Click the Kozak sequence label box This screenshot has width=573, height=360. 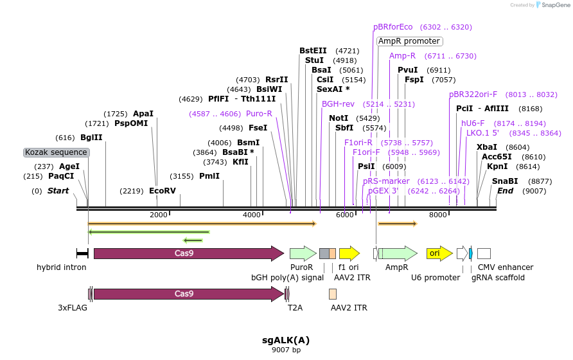pos(56,152)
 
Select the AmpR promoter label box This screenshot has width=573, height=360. pos(409,41)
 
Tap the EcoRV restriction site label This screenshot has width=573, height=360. pos(162,191)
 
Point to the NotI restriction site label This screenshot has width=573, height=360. pos(339,118)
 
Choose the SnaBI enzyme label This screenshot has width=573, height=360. pos(505,181)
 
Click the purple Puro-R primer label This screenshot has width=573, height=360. pos(259,114)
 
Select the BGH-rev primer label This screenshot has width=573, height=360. pos(338,104)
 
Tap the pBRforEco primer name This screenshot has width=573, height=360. pos(393,27)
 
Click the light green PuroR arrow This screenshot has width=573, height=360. pos(303,253)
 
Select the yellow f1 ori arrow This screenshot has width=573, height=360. pos(349,253)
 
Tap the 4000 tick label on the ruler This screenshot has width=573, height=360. pos(251,215)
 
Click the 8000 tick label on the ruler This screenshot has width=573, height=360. pos(438,215)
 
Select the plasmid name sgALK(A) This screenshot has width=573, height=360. pos(286,339)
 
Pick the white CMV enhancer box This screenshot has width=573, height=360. pos(484,253)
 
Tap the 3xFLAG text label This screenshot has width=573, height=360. pos(73,308)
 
